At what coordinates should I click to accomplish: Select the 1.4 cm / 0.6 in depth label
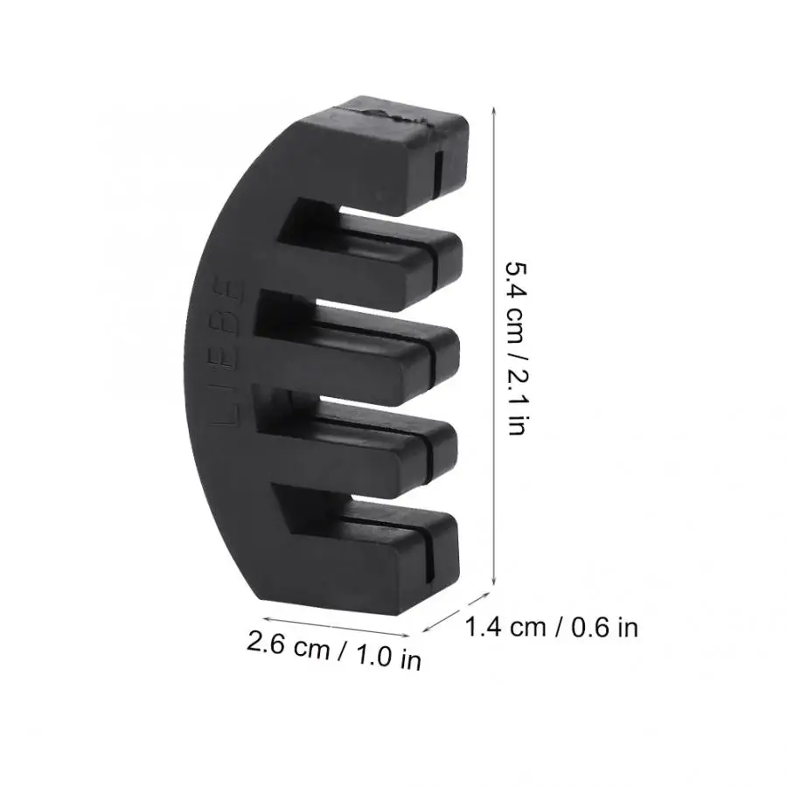tap(551, 627)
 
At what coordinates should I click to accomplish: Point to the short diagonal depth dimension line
tap(455, 615)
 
